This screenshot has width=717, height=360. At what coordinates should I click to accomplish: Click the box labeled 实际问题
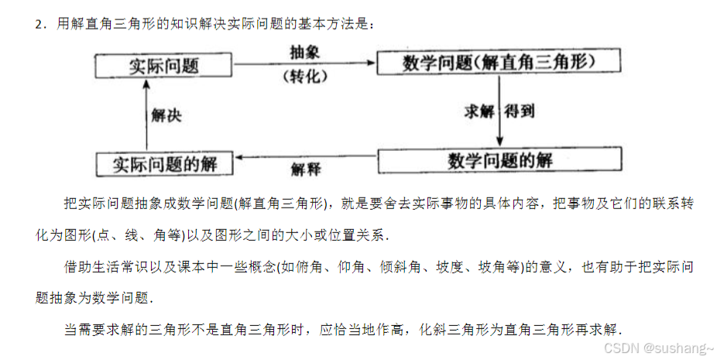pos(163,66)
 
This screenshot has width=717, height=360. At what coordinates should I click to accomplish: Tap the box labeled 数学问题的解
pos(500,160)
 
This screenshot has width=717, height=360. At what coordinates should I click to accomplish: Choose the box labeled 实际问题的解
pos(163,164)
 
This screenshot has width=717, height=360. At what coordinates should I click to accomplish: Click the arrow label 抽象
pos(304,50)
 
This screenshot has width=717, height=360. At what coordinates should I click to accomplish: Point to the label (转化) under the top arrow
pos(304,76)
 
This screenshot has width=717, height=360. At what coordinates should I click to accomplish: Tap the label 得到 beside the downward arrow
pos(520,111)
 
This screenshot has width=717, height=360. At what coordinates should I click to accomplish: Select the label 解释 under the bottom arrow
pos(306,169)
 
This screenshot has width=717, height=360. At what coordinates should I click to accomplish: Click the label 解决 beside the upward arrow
pos(166,116)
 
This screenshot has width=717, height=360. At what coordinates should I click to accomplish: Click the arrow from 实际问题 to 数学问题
pos(304,63)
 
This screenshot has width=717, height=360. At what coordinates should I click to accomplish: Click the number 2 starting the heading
pos(37,26)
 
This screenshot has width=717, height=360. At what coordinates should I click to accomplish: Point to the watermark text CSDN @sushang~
pos(657,348)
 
